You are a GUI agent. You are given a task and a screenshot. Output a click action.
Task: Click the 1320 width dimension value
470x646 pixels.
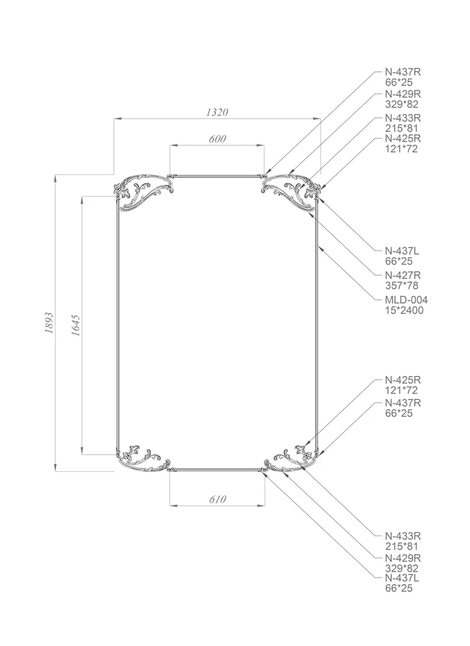click(x=217, y=112)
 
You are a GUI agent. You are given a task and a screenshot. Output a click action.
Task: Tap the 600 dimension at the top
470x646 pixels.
click(x=217, y=139)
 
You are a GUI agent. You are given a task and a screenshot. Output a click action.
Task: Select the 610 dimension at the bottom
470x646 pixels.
click(x=217, y=500)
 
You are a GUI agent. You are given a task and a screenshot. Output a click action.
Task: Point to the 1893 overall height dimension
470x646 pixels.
click(x=49, y=322)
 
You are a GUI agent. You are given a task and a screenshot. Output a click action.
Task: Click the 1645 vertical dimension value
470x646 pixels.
click(x=76, y=326)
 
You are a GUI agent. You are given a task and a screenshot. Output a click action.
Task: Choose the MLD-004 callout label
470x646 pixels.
click(x=406, y=300)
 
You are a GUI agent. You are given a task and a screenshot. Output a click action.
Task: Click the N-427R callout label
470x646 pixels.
click(x=403, y=275)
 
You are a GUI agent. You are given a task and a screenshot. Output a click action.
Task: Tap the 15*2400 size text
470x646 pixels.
click(x=404, y=310)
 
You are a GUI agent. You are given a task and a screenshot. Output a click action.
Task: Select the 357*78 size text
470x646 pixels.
click(x=401, y=286)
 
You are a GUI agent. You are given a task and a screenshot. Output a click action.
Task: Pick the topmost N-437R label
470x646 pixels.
click(x=403, y=72)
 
